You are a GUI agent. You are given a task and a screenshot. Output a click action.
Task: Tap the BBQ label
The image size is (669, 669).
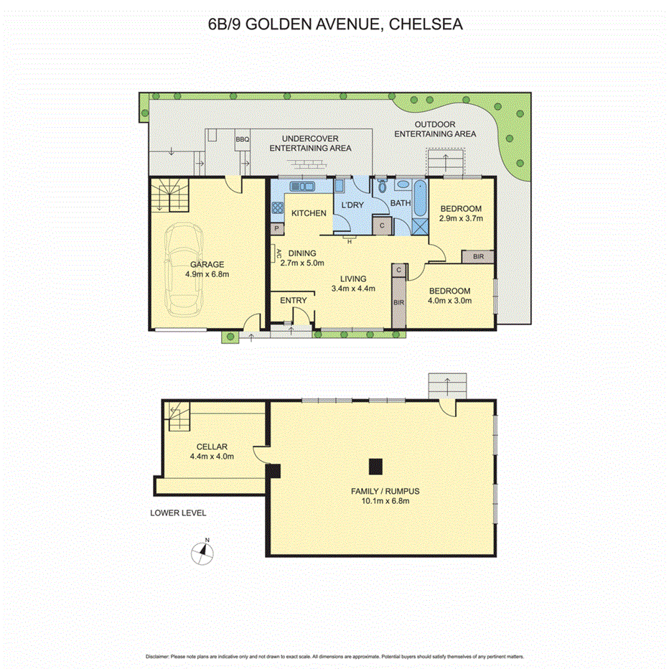[242, 139]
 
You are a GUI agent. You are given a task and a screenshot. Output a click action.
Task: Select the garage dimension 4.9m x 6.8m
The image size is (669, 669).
[207, 273]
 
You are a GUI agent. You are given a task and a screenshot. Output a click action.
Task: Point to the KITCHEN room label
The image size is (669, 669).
[309, 213]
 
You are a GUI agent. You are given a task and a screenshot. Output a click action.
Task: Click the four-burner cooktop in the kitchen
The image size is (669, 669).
[277, 209]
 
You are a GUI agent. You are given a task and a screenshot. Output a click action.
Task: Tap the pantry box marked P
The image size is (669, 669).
[276, 228]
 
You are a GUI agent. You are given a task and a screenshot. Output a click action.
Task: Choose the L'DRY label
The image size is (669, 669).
[352, 205]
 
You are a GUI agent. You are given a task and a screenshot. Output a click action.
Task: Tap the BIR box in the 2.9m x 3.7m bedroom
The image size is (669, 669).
[477, 256]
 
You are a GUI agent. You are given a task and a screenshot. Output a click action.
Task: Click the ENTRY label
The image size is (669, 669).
[293, 300]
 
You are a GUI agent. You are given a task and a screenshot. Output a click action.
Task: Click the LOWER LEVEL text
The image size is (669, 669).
[178, 513]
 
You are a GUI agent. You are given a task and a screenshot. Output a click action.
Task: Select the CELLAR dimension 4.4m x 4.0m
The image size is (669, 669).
[210, 456]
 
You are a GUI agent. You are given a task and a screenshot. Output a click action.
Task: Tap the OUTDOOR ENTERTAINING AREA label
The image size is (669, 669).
[435, 128]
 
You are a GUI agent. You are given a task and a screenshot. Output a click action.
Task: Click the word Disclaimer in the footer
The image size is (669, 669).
[156, 656]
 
